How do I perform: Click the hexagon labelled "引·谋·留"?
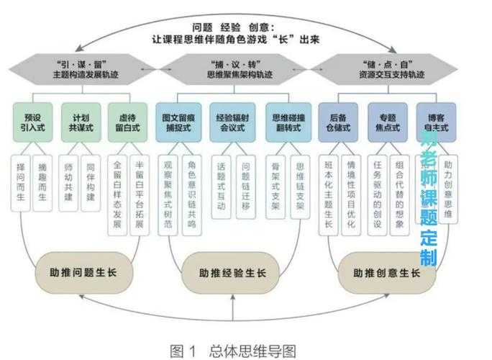[78, 69]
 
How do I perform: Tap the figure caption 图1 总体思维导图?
[232, 350]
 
